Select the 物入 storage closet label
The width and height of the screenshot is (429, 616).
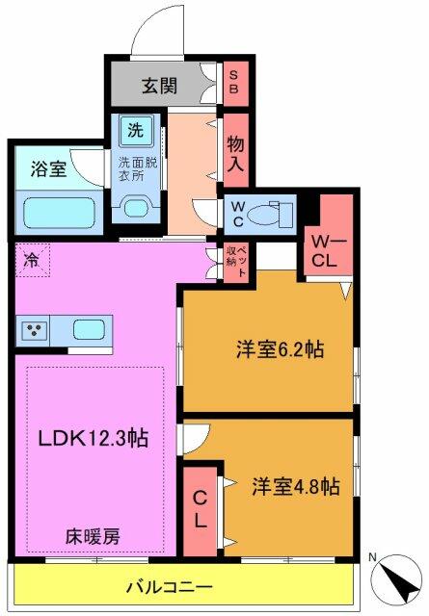click(x=234, y=153)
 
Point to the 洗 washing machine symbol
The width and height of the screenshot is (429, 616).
click(x=134, y=128)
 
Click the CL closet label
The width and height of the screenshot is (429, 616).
click(x=200, y=509)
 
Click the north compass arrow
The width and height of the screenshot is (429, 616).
click(x=395, y=579)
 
